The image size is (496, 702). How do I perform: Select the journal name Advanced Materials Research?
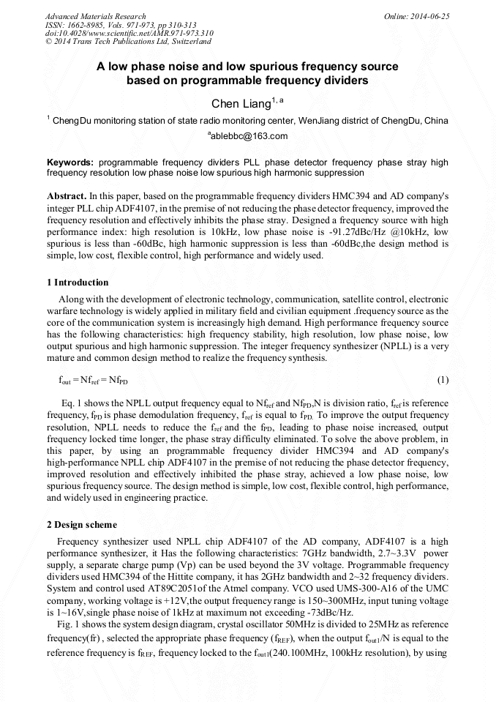pos(95,16)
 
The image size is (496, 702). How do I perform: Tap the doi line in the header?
pos(129,33)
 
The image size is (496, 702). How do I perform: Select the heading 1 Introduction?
pos(78,283)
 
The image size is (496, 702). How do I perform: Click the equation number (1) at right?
pos(442,380)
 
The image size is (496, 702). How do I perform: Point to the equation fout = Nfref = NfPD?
pos(88,380)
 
